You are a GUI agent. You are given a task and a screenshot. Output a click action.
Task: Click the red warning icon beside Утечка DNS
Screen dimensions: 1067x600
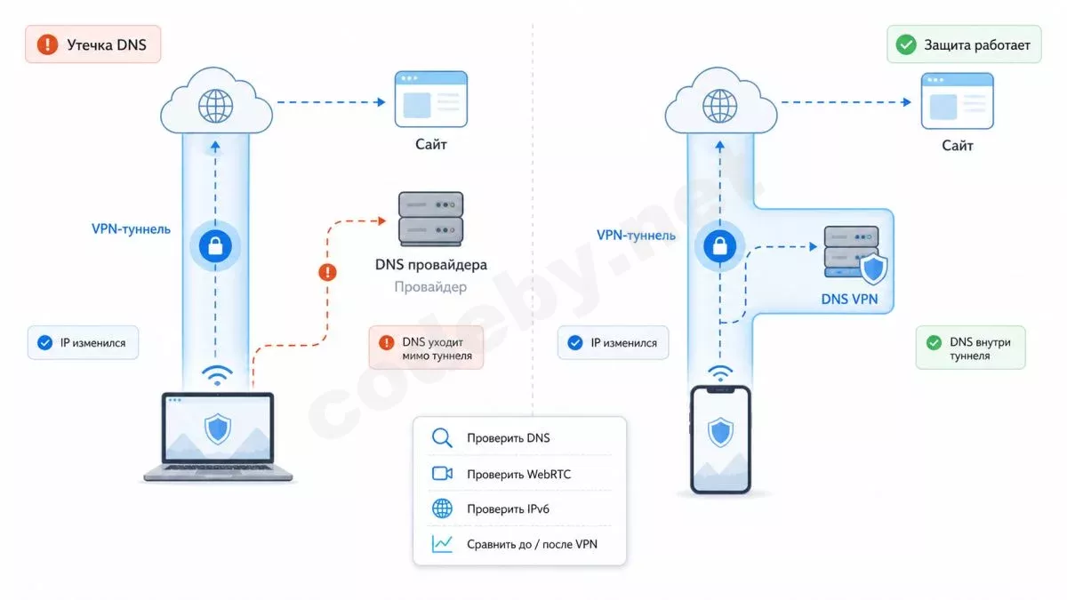click(x=48, y=44)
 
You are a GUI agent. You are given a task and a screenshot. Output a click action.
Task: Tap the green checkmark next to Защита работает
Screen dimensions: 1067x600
click(x=905, y=44)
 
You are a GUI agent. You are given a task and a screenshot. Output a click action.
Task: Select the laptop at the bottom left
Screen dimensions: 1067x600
click(x=218, y=436)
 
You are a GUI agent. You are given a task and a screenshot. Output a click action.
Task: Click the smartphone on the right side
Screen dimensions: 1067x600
click(x=720, y=439)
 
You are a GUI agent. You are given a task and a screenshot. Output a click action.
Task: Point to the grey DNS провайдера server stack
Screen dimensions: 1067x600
click(x=430, y=219)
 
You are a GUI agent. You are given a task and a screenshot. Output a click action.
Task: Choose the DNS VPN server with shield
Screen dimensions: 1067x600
click(x=855, y=254)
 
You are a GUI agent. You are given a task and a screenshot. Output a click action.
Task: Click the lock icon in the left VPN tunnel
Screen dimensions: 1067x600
click(x=215, y=246)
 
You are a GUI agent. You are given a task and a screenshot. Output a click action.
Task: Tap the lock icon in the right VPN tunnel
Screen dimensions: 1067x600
click(x=719, y=246)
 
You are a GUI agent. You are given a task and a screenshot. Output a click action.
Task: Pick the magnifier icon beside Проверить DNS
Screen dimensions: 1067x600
click(x=442, y=437)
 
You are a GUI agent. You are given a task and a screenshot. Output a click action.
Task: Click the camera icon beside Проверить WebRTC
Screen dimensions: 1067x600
click(x=442, y=473)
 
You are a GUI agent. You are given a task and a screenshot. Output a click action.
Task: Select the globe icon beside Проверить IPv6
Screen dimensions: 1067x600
click(x=442, y=508)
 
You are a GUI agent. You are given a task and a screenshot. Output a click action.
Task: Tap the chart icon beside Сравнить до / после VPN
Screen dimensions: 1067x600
click(x=442, y=544)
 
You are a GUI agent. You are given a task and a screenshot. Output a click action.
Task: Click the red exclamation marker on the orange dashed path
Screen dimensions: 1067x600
click(x=327, y=272)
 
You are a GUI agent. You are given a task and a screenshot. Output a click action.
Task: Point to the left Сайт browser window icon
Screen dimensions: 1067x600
click(x=430, y=99)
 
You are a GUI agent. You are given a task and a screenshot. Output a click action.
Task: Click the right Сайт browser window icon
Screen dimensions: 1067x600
click(x=957, y=101)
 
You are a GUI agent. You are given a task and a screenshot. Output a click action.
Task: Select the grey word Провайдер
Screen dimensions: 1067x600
click(x=430, y=286)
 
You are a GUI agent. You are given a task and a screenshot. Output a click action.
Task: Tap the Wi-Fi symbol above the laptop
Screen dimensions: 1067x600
click(x=217, y=375)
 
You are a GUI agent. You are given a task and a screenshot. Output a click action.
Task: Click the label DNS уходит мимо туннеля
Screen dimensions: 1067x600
click(x=437, y=348)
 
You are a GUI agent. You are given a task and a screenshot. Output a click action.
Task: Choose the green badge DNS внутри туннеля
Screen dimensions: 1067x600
click(x=970, y=348)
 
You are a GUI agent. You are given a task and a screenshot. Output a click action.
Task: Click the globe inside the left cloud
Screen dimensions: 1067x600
click(x=215, y=106)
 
